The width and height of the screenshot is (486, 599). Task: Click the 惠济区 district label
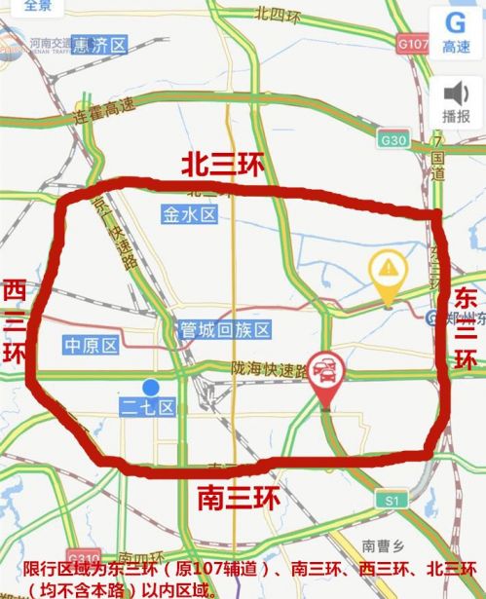(100, 46)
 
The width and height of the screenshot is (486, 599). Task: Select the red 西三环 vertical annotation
(14, 321)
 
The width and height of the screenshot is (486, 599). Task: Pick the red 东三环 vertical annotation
(467, 329)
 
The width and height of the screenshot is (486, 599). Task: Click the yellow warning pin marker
(389, 270)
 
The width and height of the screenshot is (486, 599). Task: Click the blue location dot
(148, 387)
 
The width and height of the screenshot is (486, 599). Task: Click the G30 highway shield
(394, 140)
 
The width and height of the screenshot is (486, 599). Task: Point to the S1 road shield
(393, 500)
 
